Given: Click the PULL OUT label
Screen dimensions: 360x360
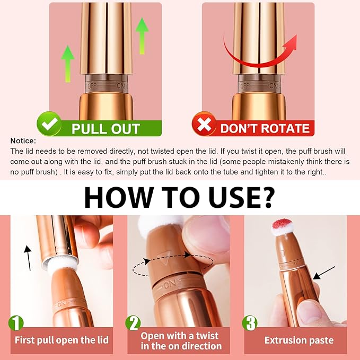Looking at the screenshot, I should point(106,129).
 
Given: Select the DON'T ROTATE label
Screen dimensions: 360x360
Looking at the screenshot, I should point(265,129).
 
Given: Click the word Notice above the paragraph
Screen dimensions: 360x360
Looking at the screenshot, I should point(23,141).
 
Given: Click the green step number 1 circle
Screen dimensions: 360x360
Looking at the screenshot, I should point(15,323).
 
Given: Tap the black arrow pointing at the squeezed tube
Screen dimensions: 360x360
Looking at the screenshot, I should point(324,273).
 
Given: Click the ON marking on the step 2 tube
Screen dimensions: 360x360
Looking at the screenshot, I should point(171,285).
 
